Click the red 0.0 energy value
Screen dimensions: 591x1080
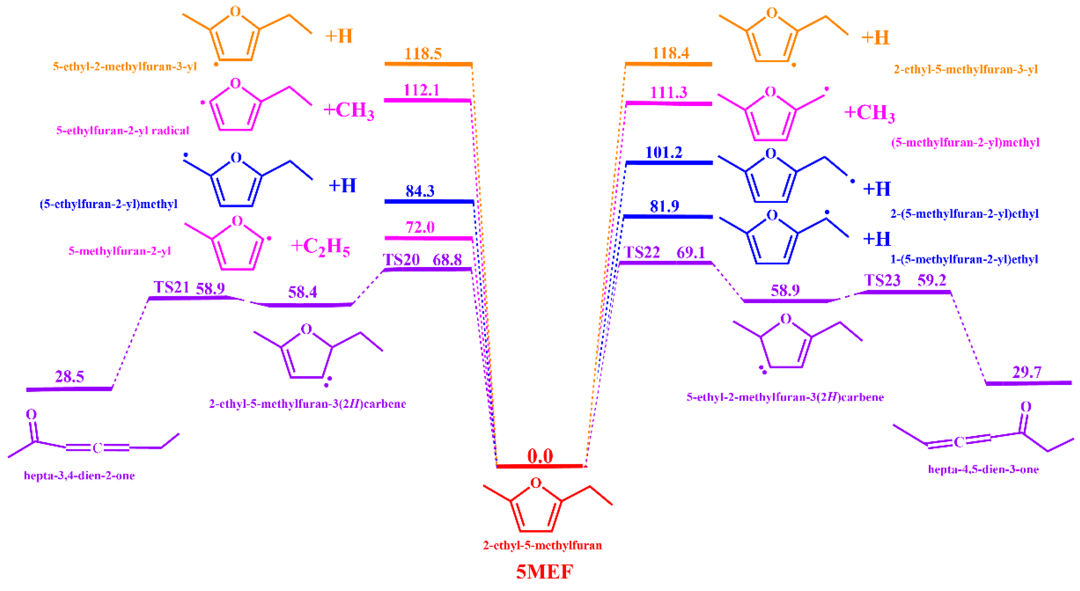(540, 456)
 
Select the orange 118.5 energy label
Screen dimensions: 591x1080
(423, 54)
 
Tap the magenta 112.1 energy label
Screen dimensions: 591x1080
(421, 90)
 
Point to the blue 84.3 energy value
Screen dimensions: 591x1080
(420, 191)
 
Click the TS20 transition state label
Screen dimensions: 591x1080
(401, 260)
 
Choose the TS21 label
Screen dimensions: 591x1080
(171, 287)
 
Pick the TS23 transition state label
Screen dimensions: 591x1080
(882, 280)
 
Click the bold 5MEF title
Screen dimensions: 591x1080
(544, 572)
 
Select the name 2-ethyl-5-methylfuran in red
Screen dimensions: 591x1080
(542, 545)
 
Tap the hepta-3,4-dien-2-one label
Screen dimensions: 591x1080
(79, 476)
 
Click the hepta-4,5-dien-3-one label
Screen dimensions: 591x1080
(983, 469)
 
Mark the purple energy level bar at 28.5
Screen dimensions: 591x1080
(69, 389)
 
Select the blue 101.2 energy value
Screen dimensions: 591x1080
(664, 153)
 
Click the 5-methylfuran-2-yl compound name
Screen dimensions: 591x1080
(120, 251)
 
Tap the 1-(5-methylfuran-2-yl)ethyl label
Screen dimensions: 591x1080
(964, 260)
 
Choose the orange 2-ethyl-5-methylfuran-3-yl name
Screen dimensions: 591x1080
(965, 70)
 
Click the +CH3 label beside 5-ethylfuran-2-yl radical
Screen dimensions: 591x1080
(348, 110)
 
